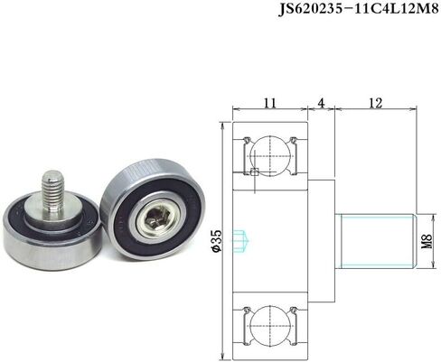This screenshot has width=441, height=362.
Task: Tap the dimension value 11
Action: tap(269, 104)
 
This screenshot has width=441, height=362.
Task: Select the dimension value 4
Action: tap(321, 104)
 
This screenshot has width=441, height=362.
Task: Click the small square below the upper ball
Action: tap(257, 172)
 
